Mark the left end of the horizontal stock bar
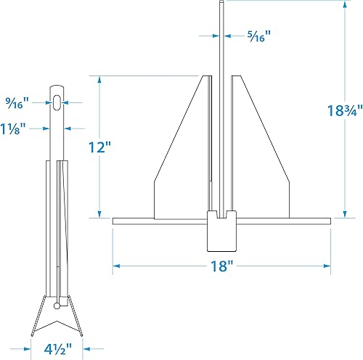(116, 221)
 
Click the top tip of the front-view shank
(221, 3)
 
